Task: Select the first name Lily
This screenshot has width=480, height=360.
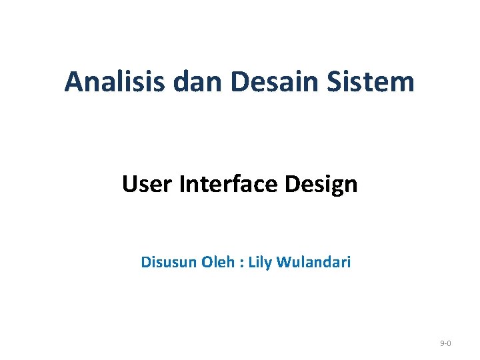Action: (x=261, y=263)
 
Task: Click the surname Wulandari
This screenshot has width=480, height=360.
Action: (x=315, y=262)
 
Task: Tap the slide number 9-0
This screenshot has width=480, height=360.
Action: (x=446, y=343)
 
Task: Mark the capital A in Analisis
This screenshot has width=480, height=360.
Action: (x=73, y=83)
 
